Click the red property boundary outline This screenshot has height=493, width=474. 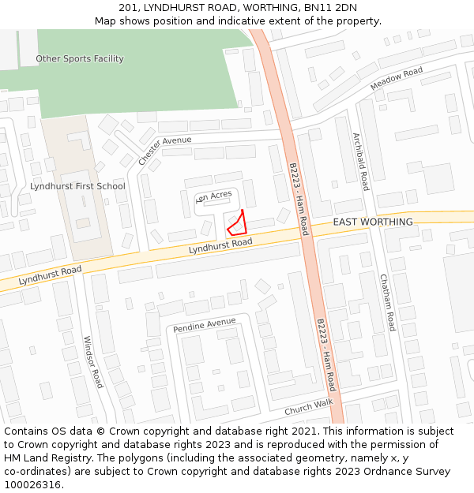click(x=237, y=224)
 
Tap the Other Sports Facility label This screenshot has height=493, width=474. click(x=80, y=58)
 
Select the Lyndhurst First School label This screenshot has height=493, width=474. click(x=77, y=186)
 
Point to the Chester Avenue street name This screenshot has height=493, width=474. click(x=164, y=150)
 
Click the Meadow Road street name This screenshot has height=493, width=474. click(x=397, y=78)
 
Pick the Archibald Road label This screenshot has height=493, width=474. click(x=360, y=162)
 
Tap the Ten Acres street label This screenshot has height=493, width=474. click(x=213, y=195)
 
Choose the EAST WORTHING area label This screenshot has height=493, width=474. click(x=373, y=222)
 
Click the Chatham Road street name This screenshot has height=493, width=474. click(x=386, y=302)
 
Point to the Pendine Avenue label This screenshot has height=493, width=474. click(x=205, y=323)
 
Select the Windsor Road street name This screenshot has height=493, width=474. click(x=93, y=362)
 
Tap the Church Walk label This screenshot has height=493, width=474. click(x=309, y=407)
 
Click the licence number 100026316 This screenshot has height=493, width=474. click(x=33, y=485)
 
